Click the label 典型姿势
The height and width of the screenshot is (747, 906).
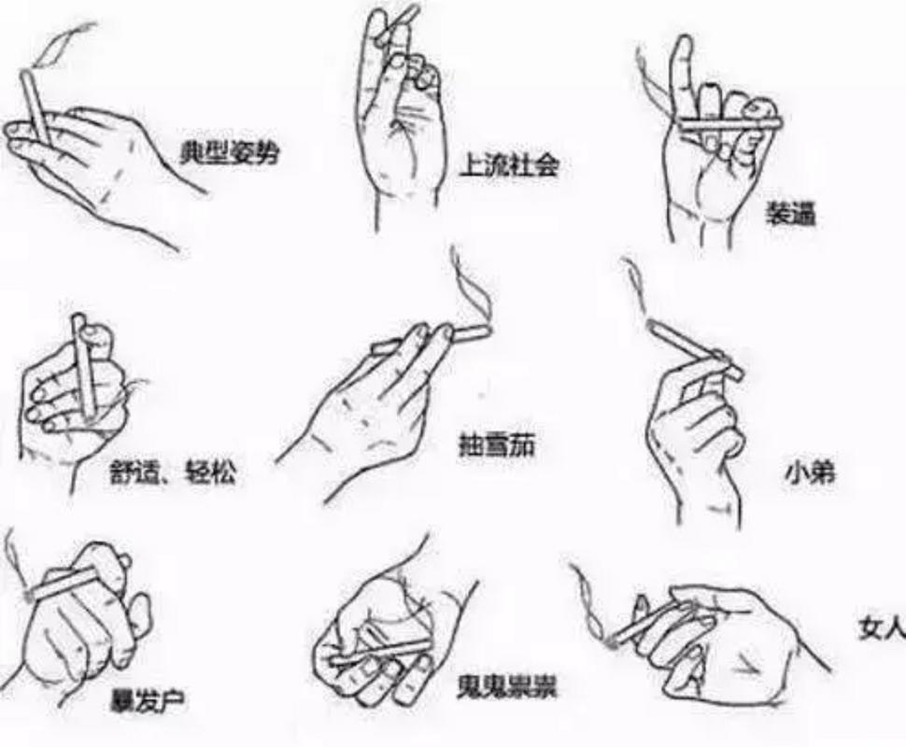click(230, 152)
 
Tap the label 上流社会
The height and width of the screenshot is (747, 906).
click(509, 165)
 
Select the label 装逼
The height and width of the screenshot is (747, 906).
click(790, 214)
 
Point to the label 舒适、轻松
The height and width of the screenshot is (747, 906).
click(173, 472)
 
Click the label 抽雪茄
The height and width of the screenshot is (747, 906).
click(496, 446)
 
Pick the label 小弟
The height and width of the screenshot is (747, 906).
click(810, 473)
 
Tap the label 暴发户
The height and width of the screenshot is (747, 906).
click(148, 701)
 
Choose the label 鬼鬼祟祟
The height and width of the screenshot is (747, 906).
click(507, 687)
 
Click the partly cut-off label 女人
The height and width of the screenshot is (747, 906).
click(882, 628)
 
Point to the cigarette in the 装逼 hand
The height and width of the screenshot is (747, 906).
click(729, 122)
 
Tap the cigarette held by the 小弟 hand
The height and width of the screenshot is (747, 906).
click(695, 349)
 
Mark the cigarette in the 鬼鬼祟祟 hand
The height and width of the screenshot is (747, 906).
click(379, 652)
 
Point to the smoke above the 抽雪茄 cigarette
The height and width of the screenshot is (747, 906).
click(471, 283)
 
